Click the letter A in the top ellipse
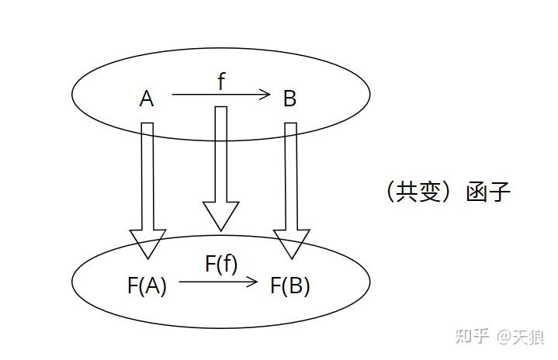(x=147, y=99)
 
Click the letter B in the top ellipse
(x=289, y=99)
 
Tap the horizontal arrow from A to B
(x=220, y=95)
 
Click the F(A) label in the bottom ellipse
(x=147, y=286)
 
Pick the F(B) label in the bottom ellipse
(x=290, y=286)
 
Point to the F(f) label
(x=221, y=264)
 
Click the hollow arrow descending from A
(x=147, y=186)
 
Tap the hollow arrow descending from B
(x=291, y=186)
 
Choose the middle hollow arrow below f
(x=220, y=163)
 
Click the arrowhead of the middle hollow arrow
(x=220, y=216)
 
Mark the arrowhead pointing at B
(x=265, y=95)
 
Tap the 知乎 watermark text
(x=473, y=336)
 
